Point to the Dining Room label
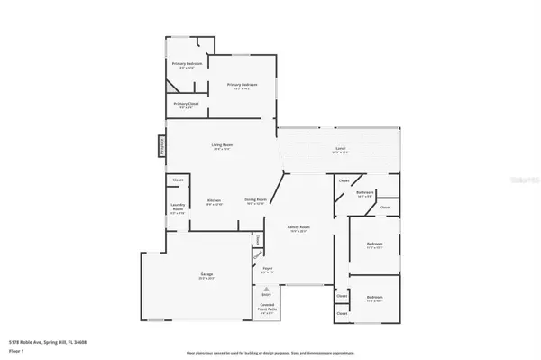(x=255, y=199)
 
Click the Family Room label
(x=298, y=226)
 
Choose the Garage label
(x=206, y=274)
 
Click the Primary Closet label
(x=187, y=104)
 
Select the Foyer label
(x=268, y=268)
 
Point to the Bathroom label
(x=364, y=192)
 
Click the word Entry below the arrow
(x=266, y=294)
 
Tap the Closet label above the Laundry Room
(x=179, y=180)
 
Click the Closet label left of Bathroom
(x=344, y=181)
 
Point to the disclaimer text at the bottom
(x=270, y=352)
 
